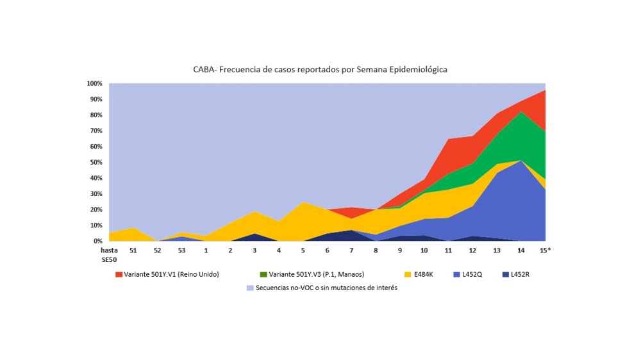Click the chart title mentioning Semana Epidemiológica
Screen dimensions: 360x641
320,69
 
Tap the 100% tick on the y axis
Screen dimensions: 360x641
94,84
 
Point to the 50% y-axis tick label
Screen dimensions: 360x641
96,163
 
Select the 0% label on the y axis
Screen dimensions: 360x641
98,241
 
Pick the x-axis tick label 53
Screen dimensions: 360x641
181,250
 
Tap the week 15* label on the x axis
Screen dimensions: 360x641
544,250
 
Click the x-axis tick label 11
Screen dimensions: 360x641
448,250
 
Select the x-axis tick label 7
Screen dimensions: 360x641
351,250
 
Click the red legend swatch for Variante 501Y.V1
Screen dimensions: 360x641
118,275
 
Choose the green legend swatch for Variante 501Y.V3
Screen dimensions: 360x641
264,275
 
